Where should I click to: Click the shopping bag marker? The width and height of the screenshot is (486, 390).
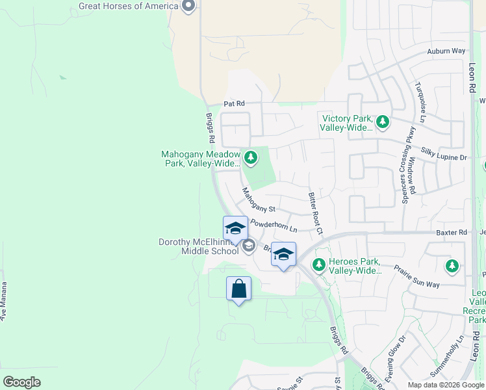point(238,288)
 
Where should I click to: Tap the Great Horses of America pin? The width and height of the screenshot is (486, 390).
point(188,6)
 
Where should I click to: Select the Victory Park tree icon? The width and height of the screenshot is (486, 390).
point(383,121)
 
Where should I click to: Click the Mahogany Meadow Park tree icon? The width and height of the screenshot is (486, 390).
point(250,157)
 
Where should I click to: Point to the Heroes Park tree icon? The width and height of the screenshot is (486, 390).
point(318,265)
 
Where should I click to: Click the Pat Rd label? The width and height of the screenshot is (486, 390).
point(234,103)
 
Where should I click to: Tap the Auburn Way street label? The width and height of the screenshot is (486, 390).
point(446,51)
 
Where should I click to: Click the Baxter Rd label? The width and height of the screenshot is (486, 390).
point(452,232)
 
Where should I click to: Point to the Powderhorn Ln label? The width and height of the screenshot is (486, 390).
point(274,226)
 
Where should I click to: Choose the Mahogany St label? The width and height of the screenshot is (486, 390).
point(259,201)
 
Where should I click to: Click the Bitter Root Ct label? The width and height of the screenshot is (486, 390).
point(314,213)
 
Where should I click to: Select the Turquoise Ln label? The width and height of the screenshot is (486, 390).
point(422,102)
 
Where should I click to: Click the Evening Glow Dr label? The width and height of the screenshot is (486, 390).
point(395,367)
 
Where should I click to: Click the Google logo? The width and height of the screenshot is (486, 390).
point(21,382)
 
